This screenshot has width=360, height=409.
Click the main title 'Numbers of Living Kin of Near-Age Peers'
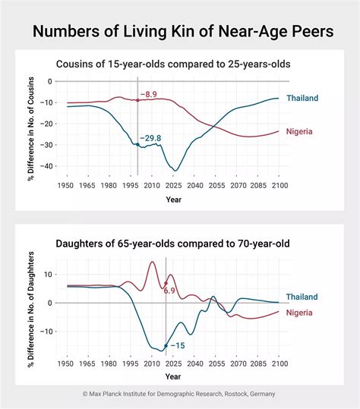coord(179,33)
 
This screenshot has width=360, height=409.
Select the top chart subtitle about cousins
coord(174,64)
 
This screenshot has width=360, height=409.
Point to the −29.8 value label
coord(150,138)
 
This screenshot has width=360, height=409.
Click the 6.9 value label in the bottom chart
coord(169,291)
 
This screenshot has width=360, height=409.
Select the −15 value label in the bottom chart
coord(177,345)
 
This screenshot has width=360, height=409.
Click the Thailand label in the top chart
coord(302,98)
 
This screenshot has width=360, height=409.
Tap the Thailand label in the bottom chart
coord(302,297)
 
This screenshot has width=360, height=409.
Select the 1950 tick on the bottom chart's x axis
coord(68,365)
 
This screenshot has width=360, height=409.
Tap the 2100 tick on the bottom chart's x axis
coord(278,365)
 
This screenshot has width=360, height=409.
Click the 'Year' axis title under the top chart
coord(174,200)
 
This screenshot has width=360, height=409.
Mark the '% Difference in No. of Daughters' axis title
coord(31,304)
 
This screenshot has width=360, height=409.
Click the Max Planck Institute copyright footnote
coord(179,394)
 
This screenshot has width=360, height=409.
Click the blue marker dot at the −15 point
coord(166,346)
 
